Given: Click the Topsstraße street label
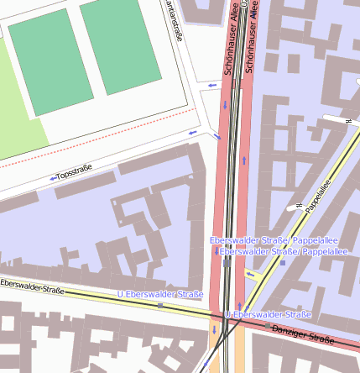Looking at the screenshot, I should point(74,174).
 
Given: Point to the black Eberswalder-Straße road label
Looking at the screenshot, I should point(32,287).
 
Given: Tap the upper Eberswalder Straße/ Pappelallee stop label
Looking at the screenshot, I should point(268,241).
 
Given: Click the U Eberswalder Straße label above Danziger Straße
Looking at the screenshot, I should point(269,314).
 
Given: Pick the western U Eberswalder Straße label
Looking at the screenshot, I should point(160,294).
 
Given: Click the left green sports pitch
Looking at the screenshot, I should point(50,60).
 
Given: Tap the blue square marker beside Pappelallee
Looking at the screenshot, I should point(283,263).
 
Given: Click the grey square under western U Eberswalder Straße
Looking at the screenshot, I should point(160,306).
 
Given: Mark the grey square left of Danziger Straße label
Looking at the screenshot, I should point(267,326).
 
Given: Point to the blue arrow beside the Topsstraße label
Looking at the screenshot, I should point(52,178).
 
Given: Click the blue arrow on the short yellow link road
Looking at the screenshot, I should point(250,274).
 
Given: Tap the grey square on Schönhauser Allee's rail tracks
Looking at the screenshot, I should point(227,264).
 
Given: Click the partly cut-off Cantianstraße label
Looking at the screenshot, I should point(175,20).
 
